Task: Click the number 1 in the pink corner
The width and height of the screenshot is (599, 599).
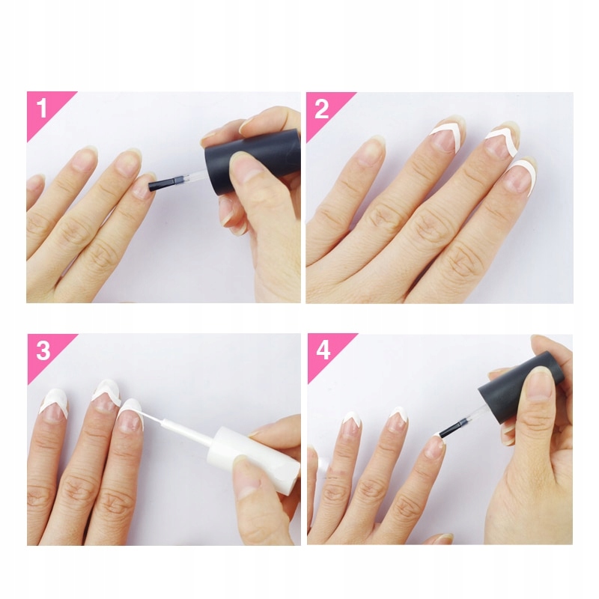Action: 42,109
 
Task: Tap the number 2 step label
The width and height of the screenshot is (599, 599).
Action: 322,109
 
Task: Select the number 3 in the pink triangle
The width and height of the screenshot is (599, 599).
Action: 43,351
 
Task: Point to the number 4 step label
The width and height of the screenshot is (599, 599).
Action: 323,351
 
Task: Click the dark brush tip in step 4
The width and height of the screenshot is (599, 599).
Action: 449,431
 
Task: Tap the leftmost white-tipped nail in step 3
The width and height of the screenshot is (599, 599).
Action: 53,403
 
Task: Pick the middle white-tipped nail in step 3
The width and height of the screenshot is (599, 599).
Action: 106,394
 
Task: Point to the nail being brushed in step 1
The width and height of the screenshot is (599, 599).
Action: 142,187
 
